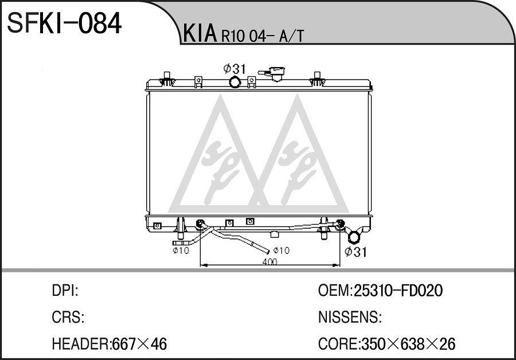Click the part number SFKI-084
point(64,24)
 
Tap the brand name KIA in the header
point(200,34)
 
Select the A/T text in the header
point(291,36)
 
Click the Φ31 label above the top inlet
point(234,69)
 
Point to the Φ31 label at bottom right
point(355,252)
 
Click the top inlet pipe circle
point(234,81)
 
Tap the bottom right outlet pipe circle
point(354,236)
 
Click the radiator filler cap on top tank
point(274,73)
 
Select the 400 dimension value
point(269,261)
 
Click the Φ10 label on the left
point(181,251)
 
